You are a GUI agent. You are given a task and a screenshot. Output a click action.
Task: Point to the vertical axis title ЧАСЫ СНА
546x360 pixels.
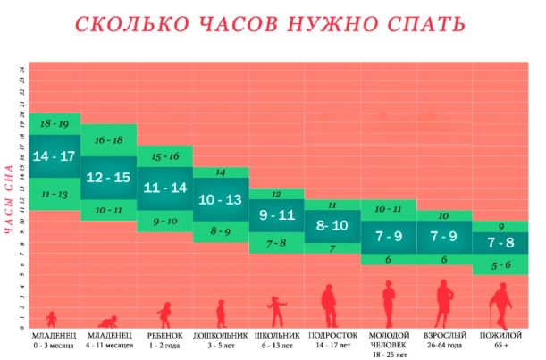pyautogui.click(x=9, y=198)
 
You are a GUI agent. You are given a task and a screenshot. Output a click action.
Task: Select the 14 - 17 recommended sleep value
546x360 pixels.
pyautogui.click(x=53, y=156)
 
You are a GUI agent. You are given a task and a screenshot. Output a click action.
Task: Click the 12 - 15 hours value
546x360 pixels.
pyautogui.click(x=108, y=177)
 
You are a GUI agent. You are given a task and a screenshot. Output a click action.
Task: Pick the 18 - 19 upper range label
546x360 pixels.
pyautogui.click(x=53, y=124)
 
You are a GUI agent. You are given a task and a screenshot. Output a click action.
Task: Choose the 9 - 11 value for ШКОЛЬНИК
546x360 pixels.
pyautogui.click(x=276, y=215)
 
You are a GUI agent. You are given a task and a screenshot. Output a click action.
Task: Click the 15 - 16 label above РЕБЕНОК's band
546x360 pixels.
pyautogui.click(x=164, y=157)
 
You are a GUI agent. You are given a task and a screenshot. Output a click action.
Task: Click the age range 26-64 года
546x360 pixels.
pyautogui.click(x=443, y=344)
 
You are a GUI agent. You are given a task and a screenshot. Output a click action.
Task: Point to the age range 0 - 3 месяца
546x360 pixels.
pyautogui.click(x=53, y=344)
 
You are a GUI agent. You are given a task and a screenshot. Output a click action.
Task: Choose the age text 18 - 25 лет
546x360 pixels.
pyautogui.click(x=388, y=354)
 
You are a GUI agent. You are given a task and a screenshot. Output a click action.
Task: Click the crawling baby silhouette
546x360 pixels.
pyautogui.click(x=109, y=322)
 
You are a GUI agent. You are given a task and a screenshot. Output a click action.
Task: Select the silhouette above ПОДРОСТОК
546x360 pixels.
pyautogui.click(x=331, y=306)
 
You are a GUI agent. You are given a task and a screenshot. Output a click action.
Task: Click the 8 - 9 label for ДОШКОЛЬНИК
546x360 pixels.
pyautogui.click(x=220, y=231)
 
